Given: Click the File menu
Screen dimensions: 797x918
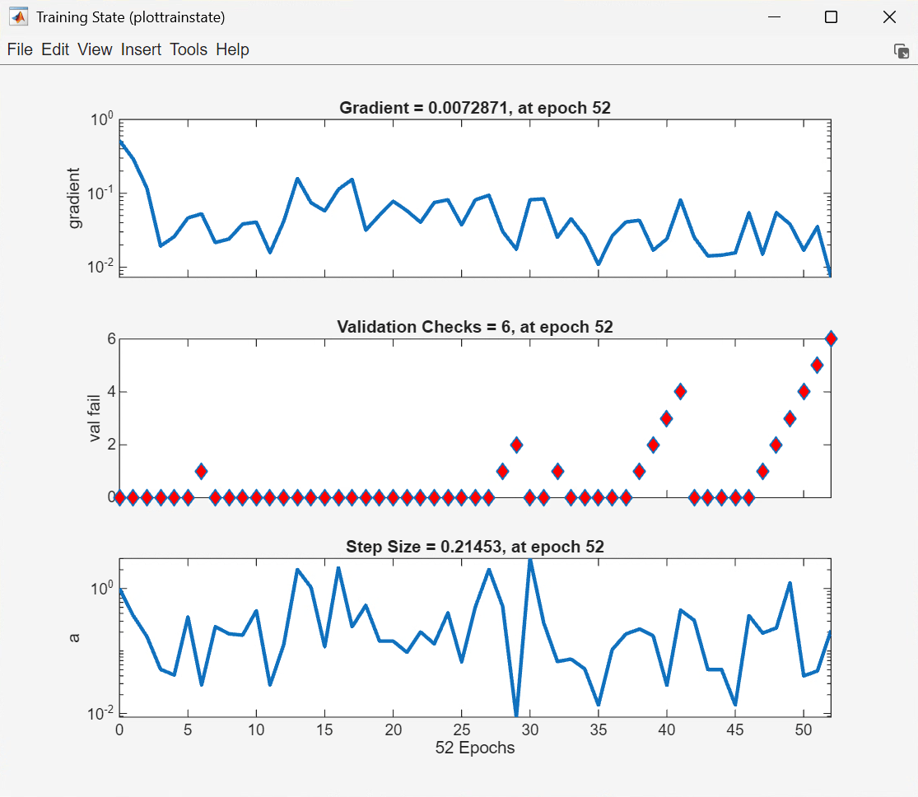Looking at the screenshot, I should tap(20, 50).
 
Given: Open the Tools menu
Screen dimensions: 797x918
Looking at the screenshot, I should tap(189, 50).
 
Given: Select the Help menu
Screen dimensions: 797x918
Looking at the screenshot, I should tap(232, 50).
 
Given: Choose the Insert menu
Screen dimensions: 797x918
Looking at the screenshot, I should tap(141, 50).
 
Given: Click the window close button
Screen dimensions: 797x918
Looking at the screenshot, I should tap(889, 17).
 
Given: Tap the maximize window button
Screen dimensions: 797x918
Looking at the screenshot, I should tap(831, 17).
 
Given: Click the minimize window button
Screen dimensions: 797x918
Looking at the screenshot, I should tap(773, 17).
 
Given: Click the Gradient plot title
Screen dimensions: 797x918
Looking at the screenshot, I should tap(475, 108).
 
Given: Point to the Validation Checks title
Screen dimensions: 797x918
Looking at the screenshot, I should tap(475, 327).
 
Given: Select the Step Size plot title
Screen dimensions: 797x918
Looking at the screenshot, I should tap(475, 547).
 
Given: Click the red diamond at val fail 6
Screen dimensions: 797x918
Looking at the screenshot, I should tap(831, 339).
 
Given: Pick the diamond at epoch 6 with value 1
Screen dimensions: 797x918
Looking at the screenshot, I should tap(201, 471).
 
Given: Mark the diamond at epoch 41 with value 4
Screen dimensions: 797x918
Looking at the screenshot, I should tap(680, 391).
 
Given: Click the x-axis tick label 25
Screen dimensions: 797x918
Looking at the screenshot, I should tap(461, 730).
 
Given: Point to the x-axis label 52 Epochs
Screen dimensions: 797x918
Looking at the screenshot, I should tap(475, 748).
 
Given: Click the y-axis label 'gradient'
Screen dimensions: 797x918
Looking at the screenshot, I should tap(75, 198).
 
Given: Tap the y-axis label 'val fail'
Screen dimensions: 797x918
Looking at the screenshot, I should tap(96, 417).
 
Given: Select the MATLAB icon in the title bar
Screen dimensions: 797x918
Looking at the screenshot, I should tap(17, 17).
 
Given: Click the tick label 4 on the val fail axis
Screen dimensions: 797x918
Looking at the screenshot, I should tap(110, 392).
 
